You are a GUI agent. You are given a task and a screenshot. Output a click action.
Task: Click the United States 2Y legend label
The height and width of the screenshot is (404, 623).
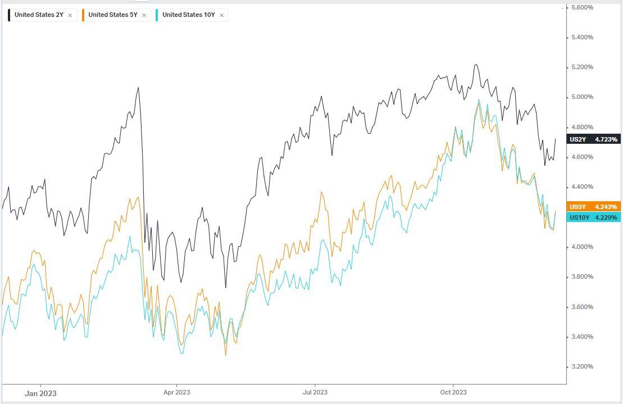click(x=39, y=15)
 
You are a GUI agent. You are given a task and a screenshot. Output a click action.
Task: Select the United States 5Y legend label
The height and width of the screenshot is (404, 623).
click(x=112, y=15)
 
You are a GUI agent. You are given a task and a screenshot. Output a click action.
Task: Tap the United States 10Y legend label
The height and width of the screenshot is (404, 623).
click(x=188, y=15)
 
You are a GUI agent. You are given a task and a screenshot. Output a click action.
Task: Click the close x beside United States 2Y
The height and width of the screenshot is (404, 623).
click(x=70, y=16)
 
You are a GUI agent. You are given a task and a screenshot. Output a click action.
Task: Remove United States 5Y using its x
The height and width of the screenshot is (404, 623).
click(x=144, y=16)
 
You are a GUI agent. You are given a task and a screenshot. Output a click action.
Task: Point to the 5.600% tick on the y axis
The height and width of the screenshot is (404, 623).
click(x=582, y=7)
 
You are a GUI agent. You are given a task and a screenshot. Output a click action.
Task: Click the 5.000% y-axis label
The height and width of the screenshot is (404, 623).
click(x=582, y=97)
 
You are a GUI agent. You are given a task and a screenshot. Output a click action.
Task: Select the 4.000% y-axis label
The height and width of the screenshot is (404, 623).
click(x=582, y=247)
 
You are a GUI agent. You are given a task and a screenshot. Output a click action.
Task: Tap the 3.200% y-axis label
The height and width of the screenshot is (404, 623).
click(x=582, y=367)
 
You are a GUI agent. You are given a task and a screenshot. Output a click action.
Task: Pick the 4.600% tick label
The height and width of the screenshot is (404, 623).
click(x=582, y=157)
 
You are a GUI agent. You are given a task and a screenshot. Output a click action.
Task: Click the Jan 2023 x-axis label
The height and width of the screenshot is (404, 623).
click(x=40, y=393)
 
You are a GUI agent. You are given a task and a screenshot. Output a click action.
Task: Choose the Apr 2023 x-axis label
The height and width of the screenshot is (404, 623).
click(x=176, y=392)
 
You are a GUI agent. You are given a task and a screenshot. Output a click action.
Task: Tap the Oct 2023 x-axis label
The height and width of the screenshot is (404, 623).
click(x=453, y=392)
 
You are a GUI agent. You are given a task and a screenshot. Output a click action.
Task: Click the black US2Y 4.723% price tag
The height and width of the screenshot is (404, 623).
click(x=594, y=139)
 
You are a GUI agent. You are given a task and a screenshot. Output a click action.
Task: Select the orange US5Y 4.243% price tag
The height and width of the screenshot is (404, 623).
click(x=594, y=206)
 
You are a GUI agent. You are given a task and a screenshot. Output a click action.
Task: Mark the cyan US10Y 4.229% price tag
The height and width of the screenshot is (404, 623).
click(x=594, y=217)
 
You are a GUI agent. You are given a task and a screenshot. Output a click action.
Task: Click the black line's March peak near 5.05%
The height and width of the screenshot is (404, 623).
click(x=138, y=88)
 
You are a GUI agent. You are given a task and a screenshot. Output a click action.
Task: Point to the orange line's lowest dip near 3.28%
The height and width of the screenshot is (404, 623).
click(x=226, y=355)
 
